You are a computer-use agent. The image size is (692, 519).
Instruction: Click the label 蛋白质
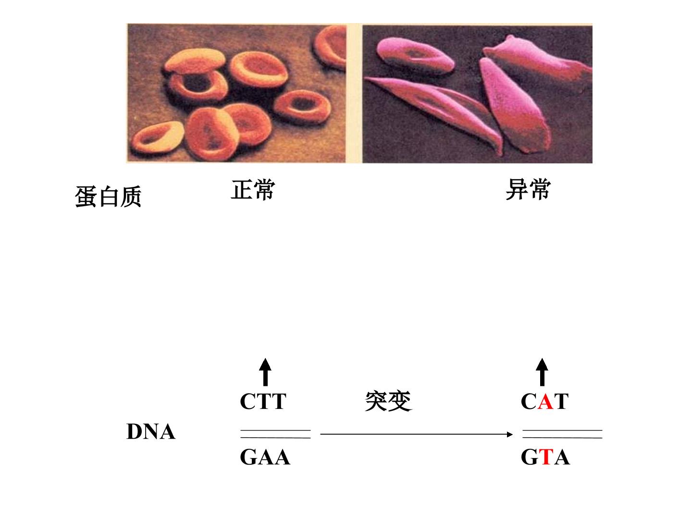pos(108,197)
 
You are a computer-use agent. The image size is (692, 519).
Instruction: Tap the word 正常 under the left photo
pos(253,190)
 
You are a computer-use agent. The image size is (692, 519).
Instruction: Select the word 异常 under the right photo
pos(528,189)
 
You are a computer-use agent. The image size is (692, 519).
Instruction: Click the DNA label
pos(151,432)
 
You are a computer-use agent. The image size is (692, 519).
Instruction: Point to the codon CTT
pos(263,401)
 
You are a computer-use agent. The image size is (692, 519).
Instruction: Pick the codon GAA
pos(265,457)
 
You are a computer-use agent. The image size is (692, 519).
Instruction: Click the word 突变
pos(388,401)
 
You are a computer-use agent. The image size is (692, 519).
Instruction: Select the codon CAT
pos(544,401)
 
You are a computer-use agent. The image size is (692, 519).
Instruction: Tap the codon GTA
pos(545,457)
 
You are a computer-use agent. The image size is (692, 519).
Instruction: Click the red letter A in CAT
pos(545,401)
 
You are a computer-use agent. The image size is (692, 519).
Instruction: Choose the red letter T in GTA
pos(548,457)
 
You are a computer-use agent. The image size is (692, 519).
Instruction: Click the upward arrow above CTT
pos(265,372)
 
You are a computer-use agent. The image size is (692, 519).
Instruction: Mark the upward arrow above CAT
pos(542,372)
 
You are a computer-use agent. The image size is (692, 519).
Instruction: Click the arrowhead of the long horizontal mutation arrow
pos(510,434)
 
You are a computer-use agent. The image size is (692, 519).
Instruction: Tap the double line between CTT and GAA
pos(275,434)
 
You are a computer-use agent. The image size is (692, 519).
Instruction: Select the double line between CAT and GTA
pos(562,434)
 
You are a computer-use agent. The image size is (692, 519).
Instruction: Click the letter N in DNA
pos(150,432)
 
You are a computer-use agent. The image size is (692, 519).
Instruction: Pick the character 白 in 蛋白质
pos(108,197)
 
